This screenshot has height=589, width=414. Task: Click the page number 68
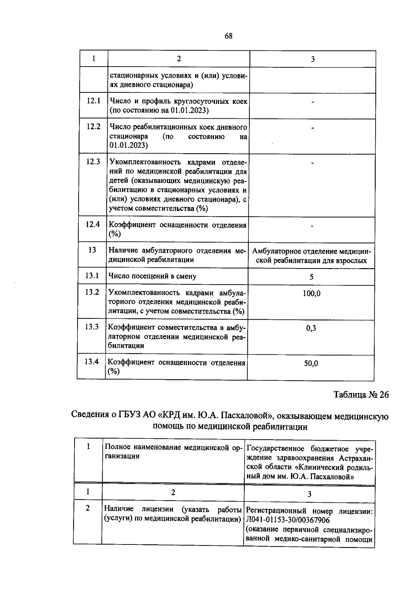tap(228, 36)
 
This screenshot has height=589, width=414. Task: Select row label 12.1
tap(93, 101)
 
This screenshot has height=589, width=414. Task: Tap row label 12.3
tap(93, 161)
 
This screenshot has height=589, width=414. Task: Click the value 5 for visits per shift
tap(312, 277)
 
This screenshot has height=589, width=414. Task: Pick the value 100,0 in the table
tap(312, 294)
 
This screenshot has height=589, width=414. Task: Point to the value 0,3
tap(311, 328)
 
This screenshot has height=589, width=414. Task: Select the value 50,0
tap(311, 363)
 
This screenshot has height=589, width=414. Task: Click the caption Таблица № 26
tap(361, 395)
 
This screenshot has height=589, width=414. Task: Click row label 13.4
tap(92, 362)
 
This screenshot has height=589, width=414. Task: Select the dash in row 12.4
tap(312, 226)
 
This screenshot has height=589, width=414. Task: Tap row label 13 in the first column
tap(92, 250)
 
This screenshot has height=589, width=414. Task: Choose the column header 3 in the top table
tap(313, 59)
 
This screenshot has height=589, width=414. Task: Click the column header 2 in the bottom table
tap(173, 492)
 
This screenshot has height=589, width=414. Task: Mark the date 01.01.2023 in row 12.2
tap(129, 145)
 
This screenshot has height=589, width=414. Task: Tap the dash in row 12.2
tap(312, 128)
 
